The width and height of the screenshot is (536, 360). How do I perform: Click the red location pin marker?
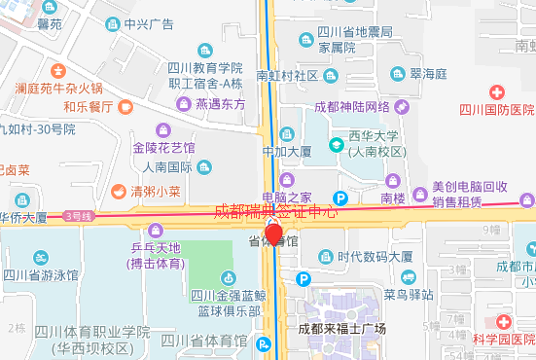pyautogui.click(x=274, y=234)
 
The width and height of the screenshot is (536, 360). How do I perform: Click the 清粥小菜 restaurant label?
pyautogui.click(x=156, y=192)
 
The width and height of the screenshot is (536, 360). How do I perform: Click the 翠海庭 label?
pyautogui.click(x=428, y=73)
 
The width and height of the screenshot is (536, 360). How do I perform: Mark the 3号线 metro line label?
pyautogui.click(x=78, y=215)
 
